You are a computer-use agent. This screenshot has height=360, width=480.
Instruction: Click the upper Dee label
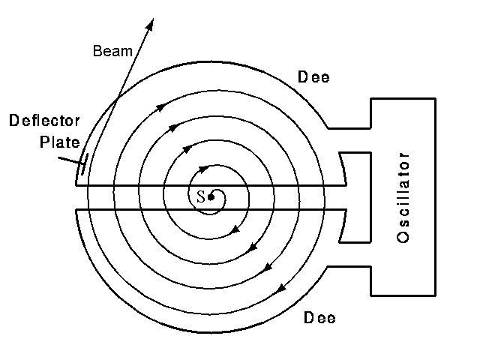point(314,76)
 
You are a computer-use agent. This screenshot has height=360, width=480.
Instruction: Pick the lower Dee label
point(319,318)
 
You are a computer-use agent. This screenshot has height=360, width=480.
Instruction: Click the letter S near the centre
point(200,197)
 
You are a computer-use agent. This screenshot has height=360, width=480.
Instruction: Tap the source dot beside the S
point(211,197)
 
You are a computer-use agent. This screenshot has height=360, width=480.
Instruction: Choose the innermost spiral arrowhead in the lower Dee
point(238,225)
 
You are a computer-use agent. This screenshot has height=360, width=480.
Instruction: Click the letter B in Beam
point(97,52)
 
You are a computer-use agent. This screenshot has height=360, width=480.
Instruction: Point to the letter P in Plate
point(43,141)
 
